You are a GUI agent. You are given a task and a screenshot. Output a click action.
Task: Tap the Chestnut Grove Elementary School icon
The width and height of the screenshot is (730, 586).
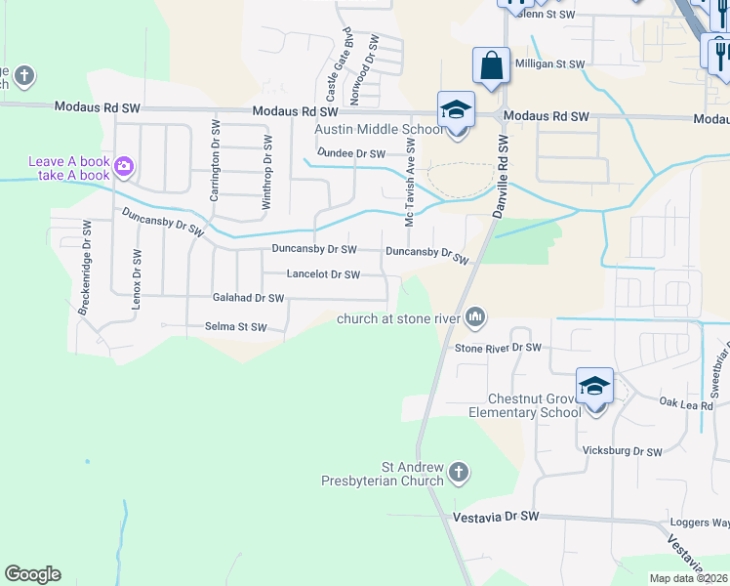[x=594, y=385]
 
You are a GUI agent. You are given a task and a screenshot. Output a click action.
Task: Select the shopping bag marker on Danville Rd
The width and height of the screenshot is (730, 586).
[x=492, y=65]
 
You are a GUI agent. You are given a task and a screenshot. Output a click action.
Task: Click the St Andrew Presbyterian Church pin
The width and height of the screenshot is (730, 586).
[x=459, y=474]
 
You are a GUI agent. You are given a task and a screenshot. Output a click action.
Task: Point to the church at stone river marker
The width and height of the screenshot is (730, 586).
[x=476, y=315]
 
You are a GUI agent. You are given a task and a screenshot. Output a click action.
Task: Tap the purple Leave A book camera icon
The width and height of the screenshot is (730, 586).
[x=124, y=166]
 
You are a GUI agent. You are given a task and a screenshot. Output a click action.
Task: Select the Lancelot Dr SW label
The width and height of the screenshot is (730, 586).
[x=323, y=274]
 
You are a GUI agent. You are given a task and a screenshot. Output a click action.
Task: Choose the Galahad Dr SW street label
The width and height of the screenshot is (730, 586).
[x=248, y=298]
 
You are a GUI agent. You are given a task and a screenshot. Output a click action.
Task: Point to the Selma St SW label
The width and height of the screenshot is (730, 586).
[x=235, y=327]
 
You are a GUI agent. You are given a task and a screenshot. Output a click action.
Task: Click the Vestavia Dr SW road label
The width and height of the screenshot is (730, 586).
[x=497, y=516]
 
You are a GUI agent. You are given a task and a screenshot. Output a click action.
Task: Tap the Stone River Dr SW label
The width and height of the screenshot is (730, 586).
[x=498, y=348]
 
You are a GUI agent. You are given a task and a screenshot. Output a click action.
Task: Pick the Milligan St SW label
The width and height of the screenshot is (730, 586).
[x=549, y=63]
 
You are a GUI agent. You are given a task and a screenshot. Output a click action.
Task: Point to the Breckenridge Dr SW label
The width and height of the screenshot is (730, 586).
[x=86, y=279]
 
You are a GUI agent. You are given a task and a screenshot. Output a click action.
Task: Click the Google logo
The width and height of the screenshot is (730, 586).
[x=32, y=574]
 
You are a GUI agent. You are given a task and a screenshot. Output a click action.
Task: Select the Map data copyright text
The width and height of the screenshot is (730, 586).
[x=689, y=578]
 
